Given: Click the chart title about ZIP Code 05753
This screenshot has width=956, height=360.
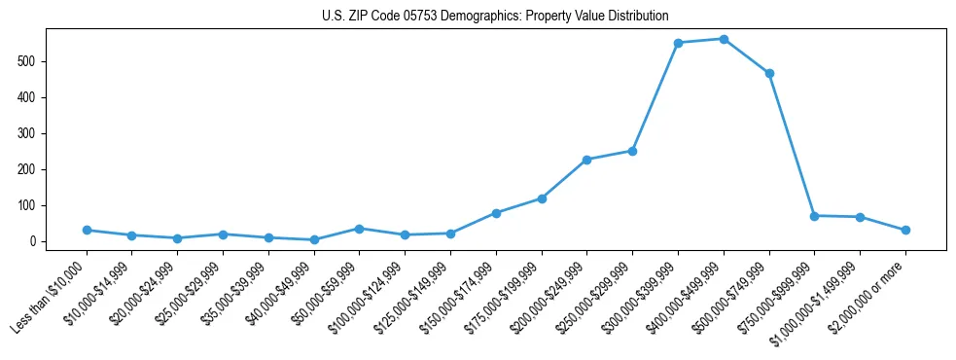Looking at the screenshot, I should (x=495, y=16).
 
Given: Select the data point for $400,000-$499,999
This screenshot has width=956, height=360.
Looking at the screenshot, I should (x=724, y=39).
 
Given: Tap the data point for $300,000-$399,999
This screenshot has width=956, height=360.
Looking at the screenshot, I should (x=678, y=43).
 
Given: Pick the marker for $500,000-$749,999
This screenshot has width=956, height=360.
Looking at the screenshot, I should (x=769, y=73).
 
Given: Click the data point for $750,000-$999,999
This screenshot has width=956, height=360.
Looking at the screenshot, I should (x=814, y=216).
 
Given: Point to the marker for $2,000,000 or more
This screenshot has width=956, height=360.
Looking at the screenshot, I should (x=905, y=230).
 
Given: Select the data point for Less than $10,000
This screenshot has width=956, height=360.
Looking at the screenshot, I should (x=87, y=230).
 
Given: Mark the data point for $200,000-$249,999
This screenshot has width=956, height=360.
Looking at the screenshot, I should (x=587, y=160).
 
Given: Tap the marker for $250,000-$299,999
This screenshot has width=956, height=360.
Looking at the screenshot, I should (x=632, y=151).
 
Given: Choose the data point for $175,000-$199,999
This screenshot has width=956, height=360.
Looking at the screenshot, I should (x=542, y=198).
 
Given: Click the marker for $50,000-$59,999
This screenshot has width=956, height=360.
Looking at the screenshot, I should (x=359, y=229).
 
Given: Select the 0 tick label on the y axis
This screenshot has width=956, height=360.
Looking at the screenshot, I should (x=33, y=241).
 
